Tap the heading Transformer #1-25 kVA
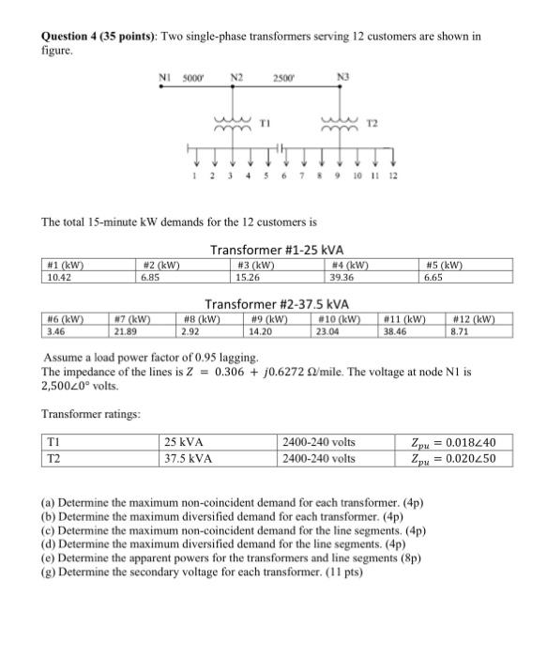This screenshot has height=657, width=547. (277, 251)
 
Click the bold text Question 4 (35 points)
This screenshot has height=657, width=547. (99, 37)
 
